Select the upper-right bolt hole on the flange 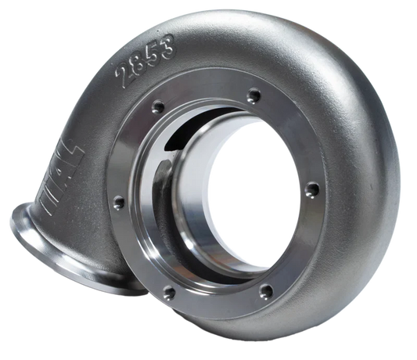(252, 96)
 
